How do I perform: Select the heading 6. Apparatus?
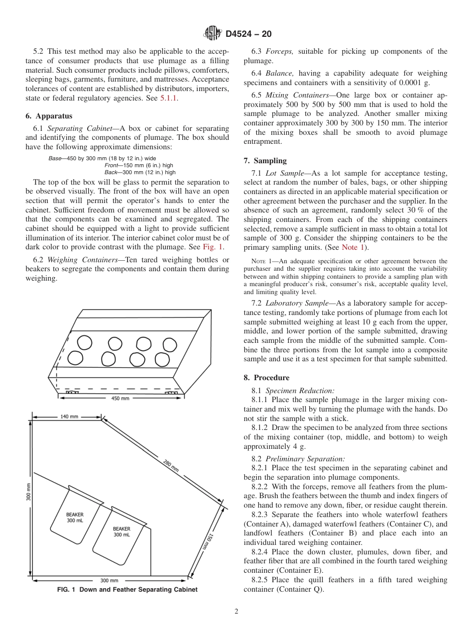49,116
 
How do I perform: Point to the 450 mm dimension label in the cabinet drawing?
120,399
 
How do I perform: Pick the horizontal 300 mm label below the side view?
109,580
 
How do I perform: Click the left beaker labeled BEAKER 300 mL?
75,517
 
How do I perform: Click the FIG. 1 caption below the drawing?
127,590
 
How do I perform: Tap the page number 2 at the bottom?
236,612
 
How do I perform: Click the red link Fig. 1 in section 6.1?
213,247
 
